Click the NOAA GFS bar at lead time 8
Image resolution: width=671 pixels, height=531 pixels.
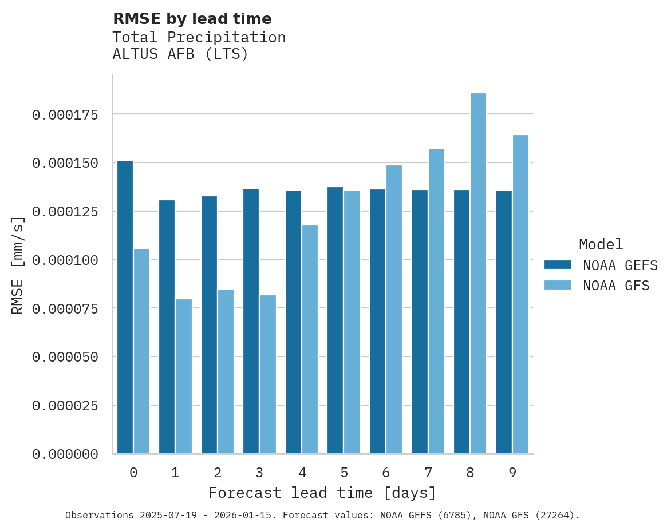pyautogui.click(x=478, y=274)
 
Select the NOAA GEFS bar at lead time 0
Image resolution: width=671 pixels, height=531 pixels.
pyautogui.click(x=125, y=307)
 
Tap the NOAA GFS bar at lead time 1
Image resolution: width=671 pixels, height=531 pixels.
pyautogui.click(x=184, y=377)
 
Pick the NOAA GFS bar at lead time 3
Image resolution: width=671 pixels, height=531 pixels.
pyautogui.click(x=268, y=374)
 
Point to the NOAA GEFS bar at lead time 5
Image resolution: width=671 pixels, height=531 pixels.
pyautogui.click(x=335, y=320)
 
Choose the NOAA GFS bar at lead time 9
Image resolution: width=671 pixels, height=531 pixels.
pyautogui.click(x=520, y=294)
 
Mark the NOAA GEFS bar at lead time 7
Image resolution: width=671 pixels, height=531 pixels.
pyautogui.click(x=420, y=322)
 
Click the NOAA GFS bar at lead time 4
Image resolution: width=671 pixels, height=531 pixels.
pyautogui.click(x=310, y=339)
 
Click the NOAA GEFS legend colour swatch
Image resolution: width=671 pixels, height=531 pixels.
pyautogui.click(x=558, y=265)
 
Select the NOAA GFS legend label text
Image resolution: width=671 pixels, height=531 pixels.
pyautogui.click(x=616, y=285)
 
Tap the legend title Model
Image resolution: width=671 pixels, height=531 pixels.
pyautogui.click(x=601, y=244)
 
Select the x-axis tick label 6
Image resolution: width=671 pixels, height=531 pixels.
pyautogui.click(x=386, y=473)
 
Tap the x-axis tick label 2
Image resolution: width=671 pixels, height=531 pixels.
pyautogui.click(x=218, y=473)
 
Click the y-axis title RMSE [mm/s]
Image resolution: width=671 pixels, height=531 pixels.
pyautogui.click(x=18, y=265)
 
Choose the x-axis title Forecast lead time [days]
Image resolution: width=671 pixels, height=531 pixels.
pyautogui.click(x=322, y=493)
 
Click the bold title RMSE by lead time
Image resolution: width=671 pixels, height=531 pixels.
pyautogui.click(x=192, y=19)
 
